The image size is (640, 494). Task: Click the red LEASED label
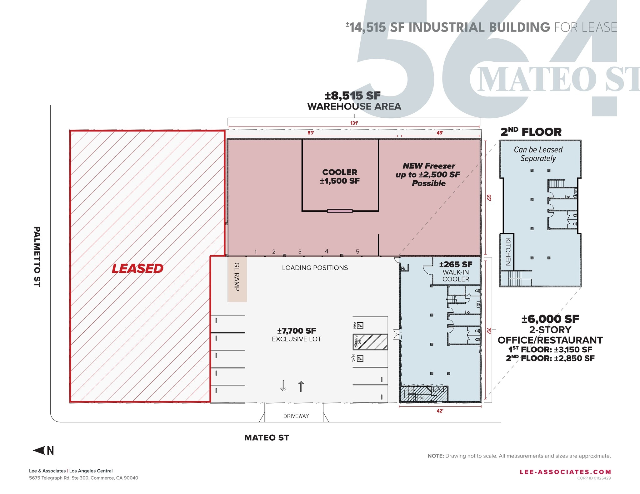[x=137, y=268]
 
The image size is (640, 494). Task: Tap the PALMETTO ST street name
[x=37, y=257]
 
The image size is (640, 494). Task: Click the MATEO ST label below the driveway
[x=267, y=438]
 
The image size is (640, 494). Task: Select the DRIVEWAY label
[x=296, y=416]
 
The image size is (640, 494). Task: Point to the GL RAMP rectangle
[x=237, y=279]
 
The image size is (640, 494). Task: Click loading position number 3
[x=300, y=252]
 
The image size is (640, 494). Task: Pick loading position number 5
[x=357, y=252]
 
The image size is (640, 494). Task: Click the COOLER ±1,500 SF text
[x=340, y=177]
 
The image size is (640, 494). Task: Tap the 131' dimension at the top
[x=354, y=123]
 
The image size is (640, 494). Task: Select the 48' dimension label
[x=440, y=133]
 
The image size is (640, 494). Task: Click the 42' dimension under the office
[x=440, y=411]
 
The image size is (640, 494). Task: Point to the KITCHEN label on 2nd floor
[x=508, y=252]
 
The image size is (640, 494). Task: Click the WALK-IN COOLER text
[x=456, y=276]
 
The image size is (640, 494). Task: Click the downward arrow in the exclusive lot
[x=283, y=386]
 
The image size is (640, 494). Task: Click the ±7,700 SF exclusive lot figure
[x=296, y=331]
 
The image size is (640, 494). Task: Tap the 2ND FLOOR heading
[x=531, y=132]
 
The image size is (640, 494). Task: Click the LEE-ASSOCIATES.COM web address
[x=565, y=472]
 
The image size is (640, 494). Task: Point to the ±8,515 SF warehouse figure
[x=353, y=95]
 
